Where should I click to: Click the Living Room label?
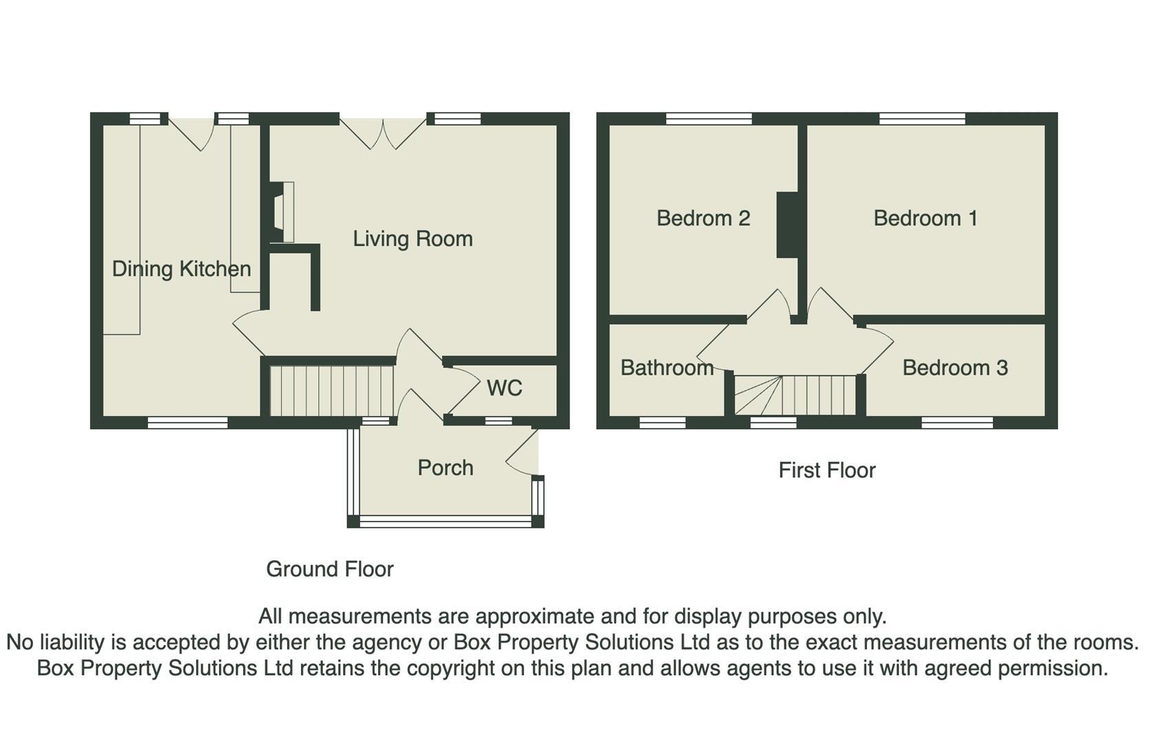(413, 239)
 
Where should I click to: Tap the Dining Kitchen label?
(181, 269)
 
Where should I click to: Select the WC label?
(504, 388)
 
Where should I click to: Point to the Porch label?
(446, 468)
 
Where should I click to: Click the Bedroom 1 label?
(926, 218)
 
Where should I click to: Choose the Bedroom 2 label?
(703, 218)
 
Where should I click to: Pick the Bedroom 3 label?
(955, 368)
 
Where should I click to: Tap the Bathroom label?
(667, 368)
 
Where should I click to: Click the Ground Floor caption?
(330, 569)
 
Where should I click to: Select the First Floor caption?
(827, 470)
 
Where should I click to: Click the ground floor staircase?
(332, 391)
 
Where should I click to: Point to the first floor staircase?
(795, 395)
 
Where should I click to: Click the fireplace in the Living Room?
(281, 211)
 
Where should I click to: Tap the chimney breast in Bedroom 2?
(787, 225)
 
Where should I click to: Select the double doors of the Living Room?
(383, 133)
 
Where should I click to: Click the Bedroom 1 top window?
(922, 119)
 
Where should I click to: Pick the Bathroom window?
(663, 422)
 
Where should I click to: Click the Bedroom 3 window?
(957, 422)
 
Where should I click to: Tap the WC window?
(499, 420)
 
